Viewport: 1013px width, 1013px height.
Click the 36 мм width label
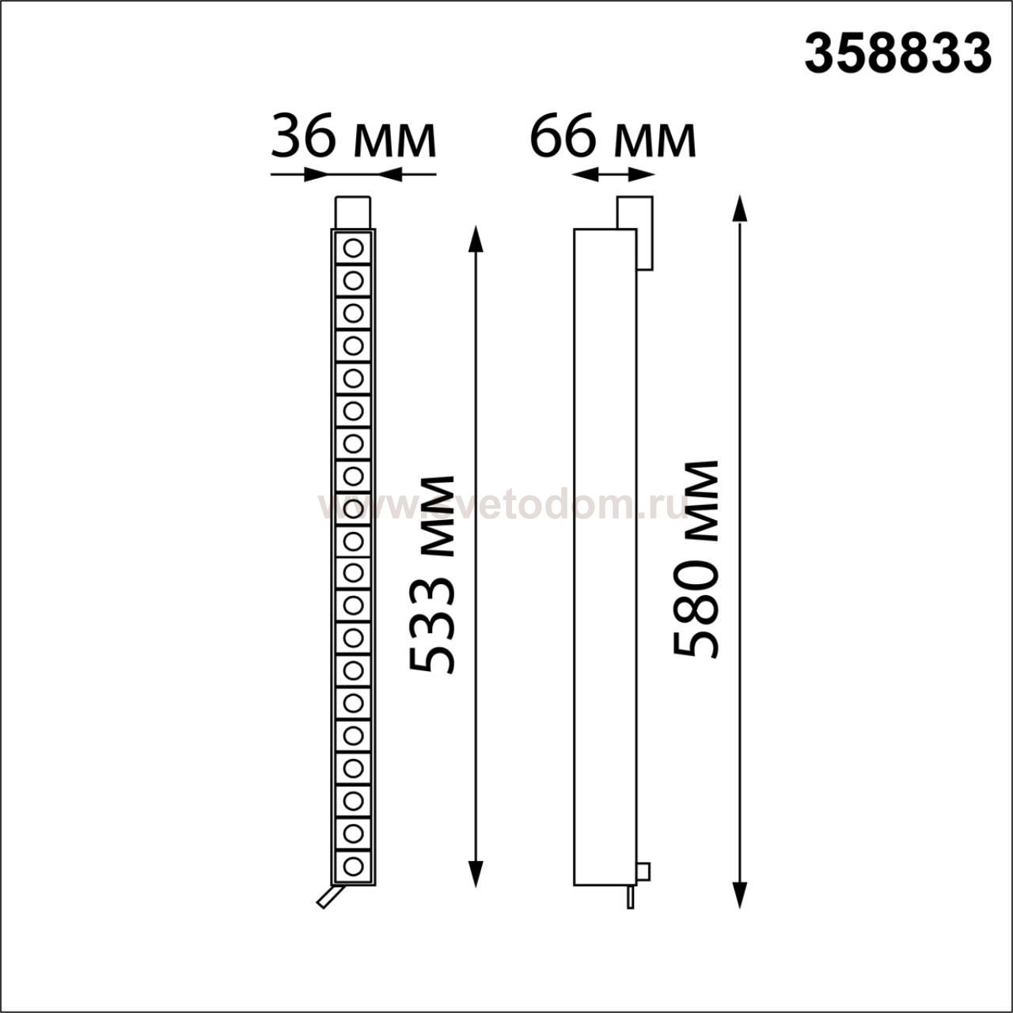pyautogui.click(x=353, y=138)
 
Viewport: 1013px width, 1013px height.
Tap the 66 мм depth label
pyautogui.click(x=613, y=138)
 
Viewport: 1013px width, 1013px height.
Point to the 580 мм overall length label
pyautogui.click(x=695, y=559)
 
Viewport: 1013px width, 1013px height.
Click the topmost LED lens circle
pyautogui.click(x=353, y=249)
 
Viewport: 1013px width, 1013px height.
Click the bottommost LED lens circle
pyautogui.click(x=353, y=866)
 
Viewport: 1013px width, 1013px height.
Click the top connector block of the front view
pyautogui.click(x=353, y=212)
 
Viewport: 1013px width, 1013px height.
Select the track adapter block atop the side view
pyautogui.click(x=635, y=233)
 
